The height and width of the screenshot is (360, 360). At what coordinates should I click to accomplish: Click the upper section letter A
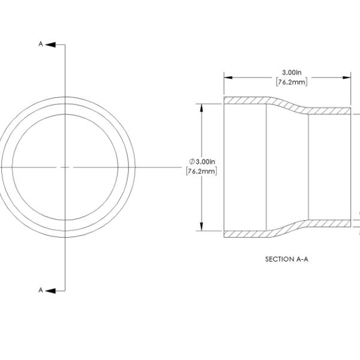[x=41, y=44]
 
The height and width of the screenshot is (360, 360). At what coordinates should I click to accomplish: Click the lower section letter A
[x=41, y=290]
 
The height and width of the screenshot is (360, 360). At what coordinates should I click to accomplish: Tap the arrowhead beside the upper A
[x=50, y=44]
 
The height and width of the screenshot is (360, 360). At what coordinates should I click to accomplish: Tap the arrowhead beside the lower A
[x=50, y=291]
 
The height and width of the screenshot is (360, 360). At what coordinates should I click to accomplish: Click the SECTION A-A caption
[x=287, y=259]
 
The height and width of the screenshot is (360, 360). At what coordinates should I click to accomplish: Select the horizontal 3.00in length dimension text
[x=292, y=73]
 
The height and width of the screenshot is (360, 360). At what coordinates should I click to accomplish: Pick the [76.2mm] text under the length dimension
[x=292, y=82]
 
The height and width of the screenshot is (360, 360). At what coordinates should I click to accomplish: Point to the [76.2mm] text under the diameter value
[x=202, y=171]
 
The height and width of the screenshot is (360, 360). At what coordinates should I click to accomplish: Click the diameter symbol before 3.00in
[x=192, y=161]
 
